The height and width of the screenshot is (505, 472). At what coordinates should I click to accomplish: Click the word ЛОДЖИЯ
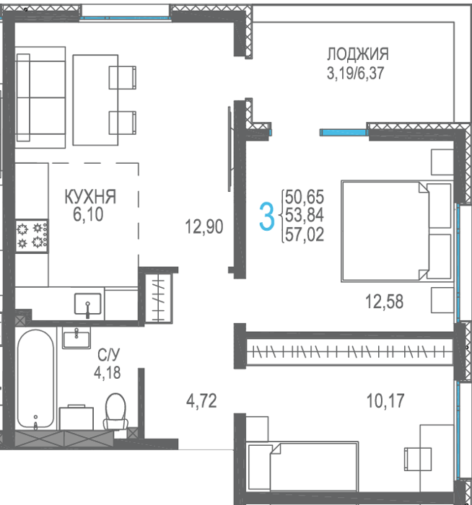358,54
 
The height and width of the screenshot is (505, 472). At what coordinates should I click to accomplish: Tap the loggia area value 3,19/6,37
355,73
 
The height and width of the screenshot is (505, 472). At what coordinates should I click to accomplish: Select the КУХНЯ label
90,196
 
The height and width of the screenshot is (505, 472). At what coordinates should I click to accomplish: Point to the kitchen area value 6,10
88,214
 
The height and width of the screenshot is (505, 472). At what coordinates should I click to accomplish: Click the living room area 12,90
204,227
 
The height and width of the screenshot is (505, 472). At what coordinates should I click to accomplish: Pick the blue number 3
267,216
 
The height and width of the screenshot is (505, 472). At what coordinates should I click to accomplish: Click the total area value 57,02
305,234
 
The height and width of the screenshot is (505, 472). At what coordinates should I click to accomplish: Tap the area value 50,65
305,197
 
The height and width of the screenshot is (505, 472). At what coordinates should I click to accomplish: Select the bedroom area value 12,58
384,302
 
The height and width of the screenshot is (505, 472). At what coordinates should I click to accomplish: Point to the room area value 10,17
385,401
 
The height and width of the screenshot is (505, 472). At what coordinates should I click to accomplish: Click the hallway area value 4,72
201,401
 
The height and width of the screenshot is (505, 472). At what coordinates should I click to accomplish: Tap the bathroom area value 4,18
108,373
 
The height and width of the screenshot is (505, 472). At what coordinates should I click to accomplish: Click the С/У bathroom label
108,355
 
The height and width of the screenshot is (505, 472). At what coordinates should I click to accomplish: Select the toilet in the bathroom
115,411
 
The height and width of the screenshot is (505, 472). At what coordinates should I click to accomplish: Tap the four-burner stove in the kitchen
32,236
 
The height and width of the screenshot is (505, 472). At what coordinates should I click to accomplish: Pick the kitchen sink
87,304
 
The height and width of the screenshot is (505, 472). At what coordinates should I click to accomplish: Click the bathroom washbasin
77,338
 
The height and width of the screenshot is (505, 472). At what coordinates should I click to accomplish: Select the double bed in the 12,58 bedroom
397,232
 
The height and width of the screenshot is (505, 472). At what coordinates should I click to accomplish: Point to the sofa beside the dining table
40,97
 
